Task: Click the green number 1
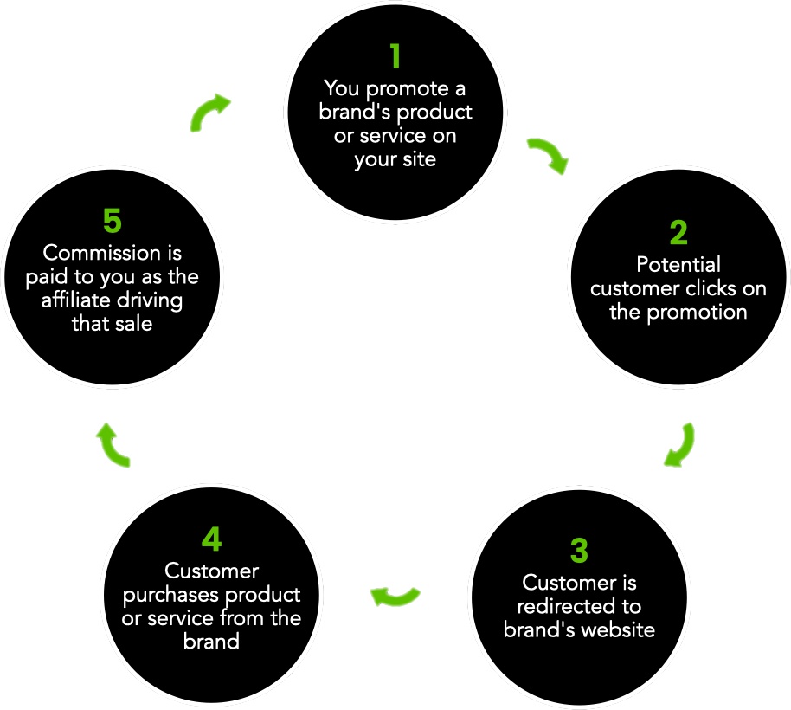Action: [x=395, y=56]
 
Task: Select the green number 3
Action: [x=579, y=551]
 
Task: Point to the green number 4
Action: [x=211, y=539]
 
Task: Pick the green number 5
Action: [x=113, y=222]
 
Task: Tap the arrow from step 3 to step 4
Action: [x=395, y=596]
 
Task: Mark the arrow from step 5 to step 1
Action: [x=209, y=112]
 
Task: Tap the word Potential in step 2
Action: [x=678, y=264]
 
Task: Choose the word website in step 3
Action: [x=615, y=629]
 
